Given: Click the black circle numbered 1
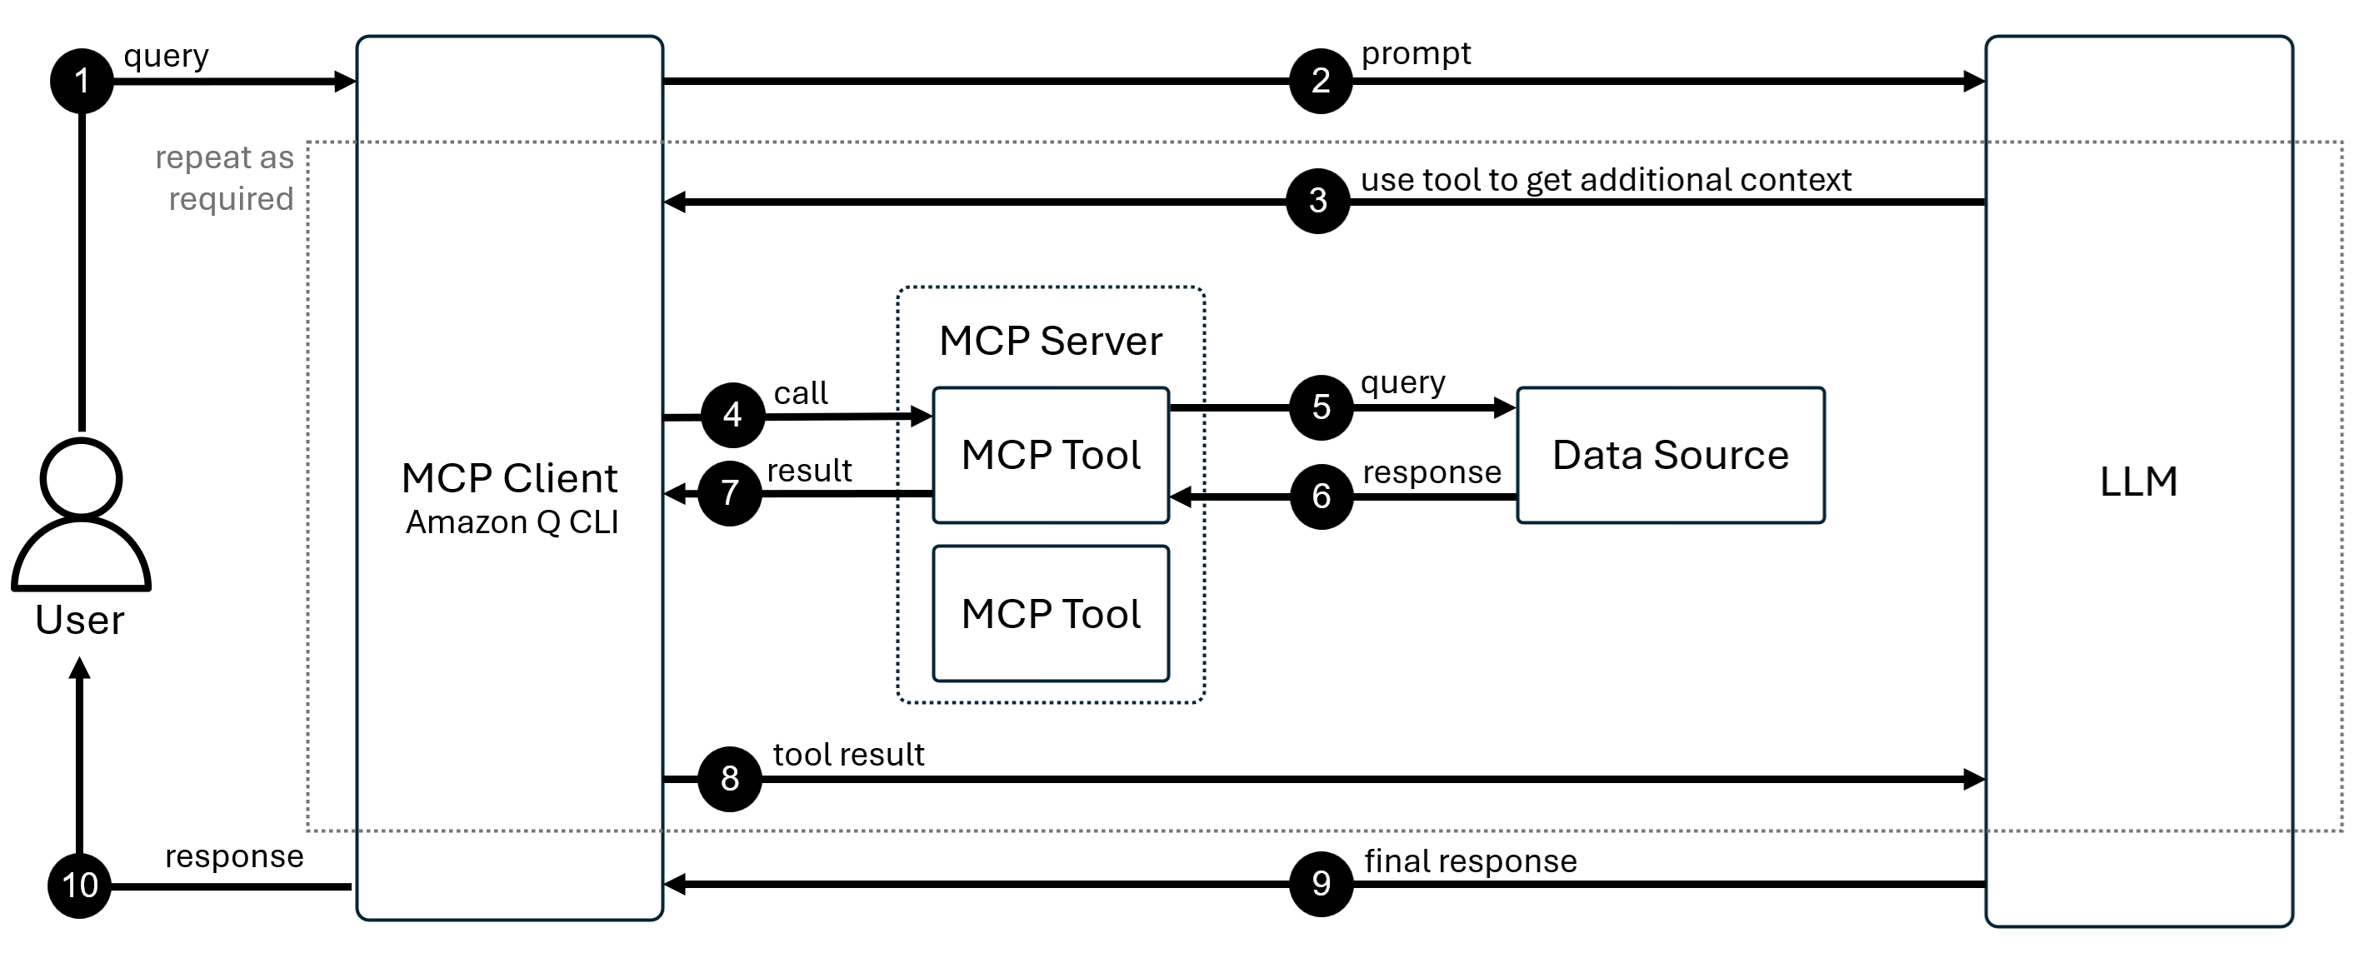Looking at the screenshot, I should coord(82,82).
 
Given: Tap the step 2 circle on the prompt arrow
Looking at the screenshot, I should coord(1320,82).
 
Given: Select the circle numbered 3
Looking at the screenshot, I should coord(1317,201).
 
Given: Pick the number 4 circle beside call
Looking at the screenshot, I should coord(732,416).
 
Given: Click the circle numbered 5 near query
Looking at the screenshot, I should coord(1321,407).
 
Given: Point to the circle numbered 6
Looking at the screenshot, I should coord(1321,496).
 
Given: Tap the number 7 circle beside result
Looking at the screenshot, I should coord(730,493).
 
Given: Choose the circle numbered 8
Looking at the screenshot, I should coord(730,779).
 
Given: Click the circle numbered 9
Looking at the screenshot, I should coord(1321,883).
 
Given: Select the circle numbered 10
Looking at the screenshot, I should coord(80,886).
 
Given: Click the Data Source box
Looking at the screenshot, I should coord(1670,456).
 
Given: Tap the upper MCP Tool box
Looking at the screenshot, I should coord(1050,456).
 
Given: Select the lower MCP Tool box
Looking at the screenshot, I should coord(1050,613).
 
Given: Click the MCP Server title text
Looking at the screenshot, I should coord(1050,342).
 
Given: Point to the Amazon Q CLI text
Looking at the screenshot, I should coord(512,521).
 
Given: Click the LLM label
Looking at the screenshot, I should coord(2137,481).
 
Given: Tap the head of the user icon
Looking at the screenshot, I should coord(82,478).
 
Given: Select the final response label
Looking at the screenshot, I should coord(1470,861).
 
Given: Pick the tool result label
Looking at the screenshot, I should coord(848,755).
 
